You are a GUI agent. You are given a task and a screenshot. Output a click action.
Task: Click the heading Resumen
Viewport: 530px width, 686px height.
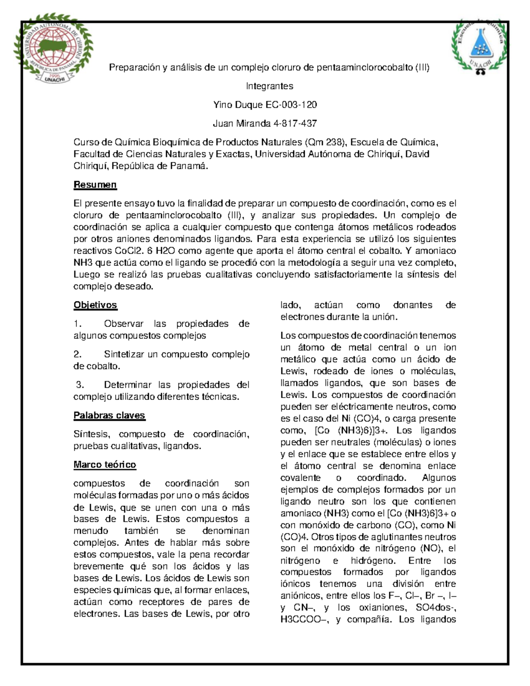tap(95, 185)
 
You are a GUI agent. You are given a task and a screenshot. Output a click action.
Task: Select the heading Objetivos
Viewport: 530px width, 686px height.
tap(95, 305)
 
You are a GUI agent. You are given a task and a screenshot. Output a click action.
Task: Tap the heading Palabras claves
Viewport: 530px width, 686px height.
tap(109, 415)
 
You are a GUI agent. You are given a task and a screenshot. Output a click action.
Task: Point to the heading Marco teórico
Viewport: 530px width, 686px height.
tap(105, 464)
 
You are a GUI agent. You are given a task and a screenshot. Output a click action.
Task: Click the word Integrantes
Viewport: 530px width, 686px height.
tap(269, 86)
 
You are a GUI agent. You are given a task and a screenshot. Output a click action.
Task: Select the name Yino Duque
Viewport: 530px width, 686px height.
tap(238, 105)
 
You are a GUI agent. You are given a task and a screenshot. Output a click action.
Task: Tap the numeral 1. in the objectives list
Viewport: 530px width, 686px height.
tap(78, 324)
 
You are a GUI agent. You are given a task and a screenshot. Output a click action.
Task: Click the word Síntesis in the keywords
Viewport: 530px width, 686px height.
tap(89, 434)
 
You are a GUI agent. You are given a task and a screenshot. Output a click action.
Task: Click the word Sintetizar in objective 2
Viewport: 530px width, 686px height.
tap(124, 354)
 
